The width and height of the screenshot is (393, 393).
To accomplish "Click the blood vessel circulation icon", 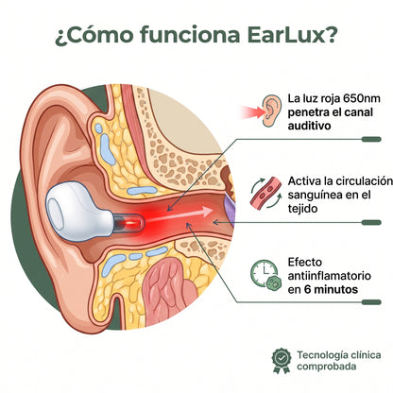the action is point(266,193).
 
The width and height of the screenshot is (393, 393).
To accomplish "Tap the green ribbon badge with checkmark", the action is point(282,360).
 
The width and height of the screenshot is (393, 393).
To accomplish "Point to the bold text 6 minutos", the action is point(331,289).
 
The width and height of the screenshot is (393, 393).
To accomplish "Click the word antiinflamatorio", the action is point(329,276).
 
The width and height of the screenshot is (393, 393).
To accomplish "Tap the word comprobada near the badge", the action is point(327,367).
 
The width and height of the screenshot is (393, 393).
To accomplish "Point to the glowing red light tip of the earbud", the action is point(129,223).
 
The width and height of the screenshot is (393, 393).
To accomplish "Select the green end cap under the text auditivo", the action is point(371,139).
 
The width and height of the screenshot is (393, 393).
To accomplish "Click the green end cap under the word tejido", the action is point(371,223).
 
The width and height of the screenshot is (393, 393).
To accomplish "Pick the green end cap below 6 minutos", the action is point(371,302).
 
